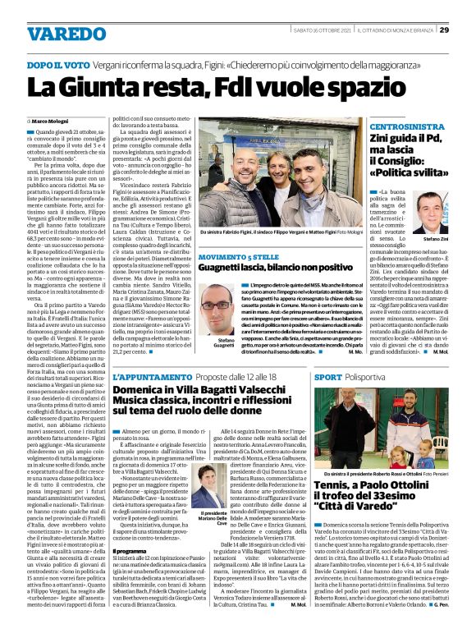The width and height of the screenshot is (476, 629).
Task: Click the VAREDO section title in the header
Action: click(61, 34)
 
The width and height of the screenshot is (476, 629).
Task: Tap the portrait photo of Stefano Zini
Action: click(432, 212)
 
